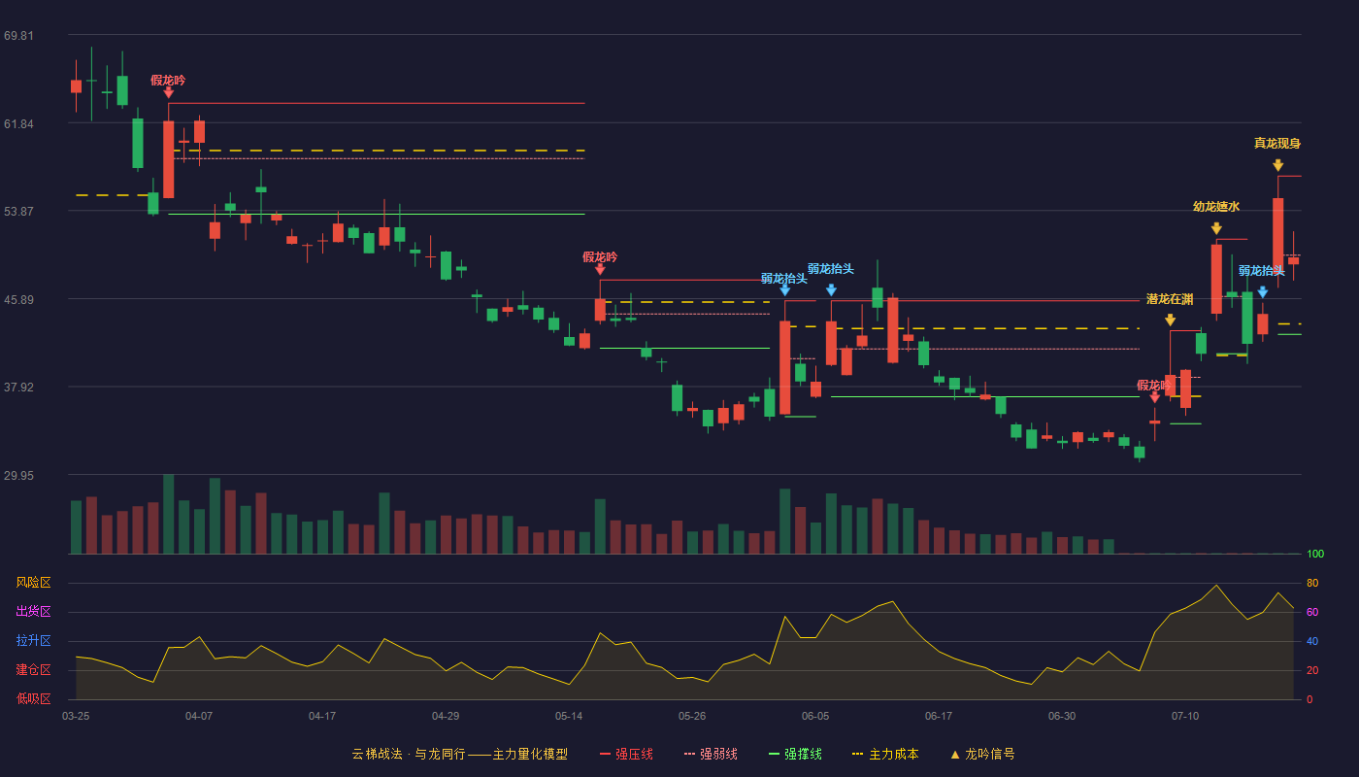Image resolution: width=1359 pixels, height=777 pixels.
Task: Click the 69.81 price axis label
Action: pyautogui.click(x=18, y=35)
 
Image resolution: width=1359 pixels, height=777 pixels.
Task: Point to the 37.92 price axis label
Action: pyautogui.click(x=18, y=387)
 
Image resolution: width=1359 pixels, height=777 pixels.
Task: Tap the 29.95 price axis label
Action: pyautogui.click(x=18, y=475)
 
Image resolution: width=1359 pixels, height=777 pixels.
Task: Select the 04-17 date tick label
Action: pyautogui.click(x=322, y=717)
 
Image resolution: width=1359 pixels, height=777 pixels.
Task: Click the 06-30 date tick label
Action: pyautogui.click(x=1062, y=717)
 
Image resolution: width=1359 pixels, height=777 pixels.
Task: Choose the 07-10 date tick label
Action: pyautogui.click(x=1185, y=717)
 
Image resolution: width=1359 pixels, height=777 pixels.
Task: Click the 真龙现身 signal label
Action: pyautogui.click(x=1277, y=144)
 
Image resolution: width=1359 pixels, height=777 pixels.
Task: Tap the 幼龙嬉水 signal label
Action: pyautogui.click(x=1215, y=206)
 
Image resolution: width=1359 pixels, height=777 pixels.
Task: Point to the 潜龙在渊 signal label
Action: pyautogui.click(x=1170, y=299)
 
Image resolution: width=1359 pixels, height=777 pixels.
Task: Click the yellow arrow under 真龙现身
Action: pyautogui.click(x=1277, y=165)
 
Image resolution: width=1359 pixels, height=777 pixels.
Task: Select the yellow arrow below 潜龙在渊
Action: pyautogui.click(x=1170, y=320)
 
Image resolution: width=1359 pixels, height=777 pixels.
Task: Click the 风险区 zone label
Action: pyautogui.click(x=33, y=582)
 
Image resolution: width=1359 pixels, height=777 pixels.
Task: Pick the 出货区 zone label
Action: pyautogui.click(x=33, y=611)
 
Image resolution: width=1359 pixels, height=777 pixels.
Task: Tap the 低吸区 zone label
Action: pyautogui.click(x=33, y=698)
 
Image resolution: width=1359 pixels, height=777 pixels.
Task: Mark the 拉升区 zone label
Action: pyautogui.click(x=33, y=640)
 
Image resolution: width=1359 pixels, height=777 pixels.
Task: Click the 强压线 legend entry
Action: pyautogui.click(x=626, y=754)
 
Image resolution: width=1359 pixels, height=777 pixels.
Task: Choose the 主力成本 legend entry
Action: pyautogui.click(x=885, y=754)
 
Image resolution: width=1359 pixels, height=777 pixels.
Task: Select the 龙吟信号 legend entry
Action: pyautogui.click(x=982, y=754)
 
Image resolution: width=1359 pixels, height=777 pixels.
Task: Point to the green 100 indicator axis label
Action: pyautogui.click(x=1315, y=554)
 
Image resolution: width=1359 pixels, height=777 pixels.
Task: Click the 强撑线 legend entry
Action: pyautogui.click(x=795, y=754)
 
